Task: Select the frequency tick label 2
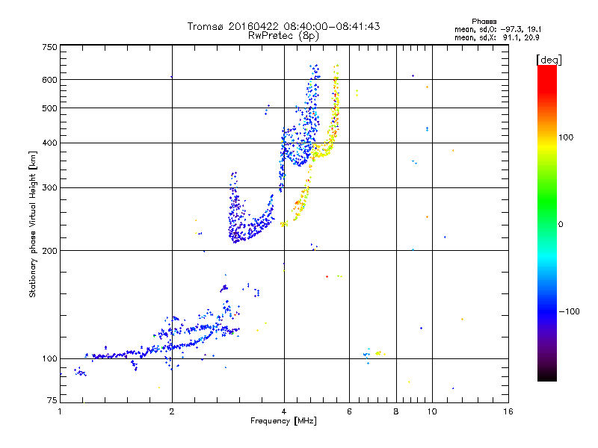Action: pos(172,411)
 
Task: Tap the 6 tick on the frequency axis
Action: pos(349,411)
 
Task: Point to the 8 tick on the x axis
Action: pos(396,411)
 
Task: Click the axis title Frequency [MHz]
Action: pos(284,421)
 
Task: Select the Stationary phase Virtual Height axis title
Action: pos(33,224)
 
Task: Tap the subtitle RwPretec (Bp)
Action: pos(283,35)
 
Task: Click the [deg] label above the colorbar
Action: pos(549,59)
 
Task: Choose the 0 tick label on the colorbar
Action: pos(561,224)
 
